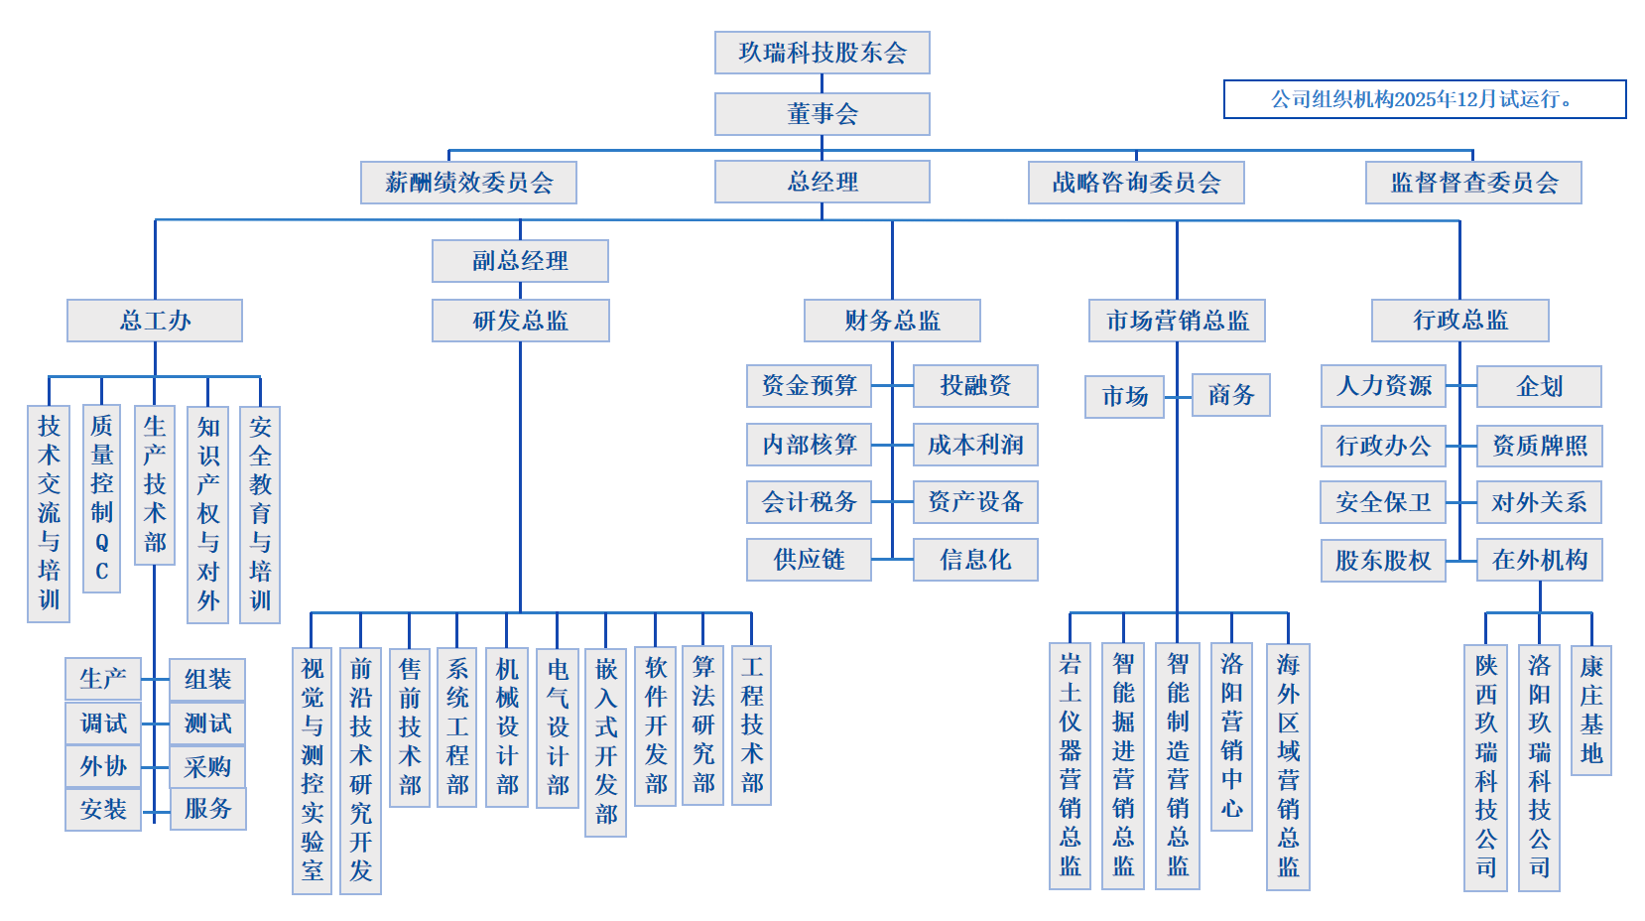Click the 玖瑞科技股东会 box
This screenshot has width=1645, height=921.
pyautogui.click(x=822, y=53)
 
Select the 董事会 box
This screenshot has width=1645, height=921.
pyautogui.click(x=822, y=114)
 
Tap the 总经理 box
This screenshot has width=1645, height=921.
pyautogui.click(x=822, y=182)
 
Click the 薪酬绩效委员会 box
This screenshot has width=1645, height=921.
pyautogui.click(x=468, y=183)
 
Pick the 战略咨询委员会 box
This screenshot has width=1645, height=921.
pyautogui.click(x=1136, y=183)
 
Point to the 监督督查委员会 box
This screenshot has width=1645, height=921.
pyautogui.click(x=1473, y=183)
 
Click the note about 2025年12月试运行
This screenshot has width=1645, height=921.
pyautogui.click(x=1424, y=99)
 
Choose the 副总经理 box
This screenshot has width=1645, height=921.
pyautogui.click(x=520, y=261)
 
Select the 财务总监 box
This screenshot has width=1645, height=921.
pyautogui.click(x=892, y=321)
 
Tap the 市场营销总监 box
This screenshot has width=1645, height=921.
pyautogui.click(x=1177, y=321)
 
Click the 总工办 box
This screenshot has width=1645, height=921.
pyautogui.click(x=155, y=321)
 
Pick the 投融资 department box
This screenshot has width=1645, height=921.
pyautogui.click(x=975, y=385)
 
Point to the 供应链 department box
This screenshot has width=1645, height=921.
pyautogui.click(x=809, y=560)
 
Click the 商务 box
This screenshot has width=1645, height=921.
pyautogui.click(x=1230, y=395)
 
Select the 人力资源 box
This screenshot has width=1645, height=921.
pyautogui.click(x=1383, y=386)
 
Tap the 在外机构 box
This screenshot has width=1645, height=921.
pyautogui.click(x=1539, y=561)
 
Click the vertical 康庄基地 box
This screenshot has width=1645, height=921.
pyautogui.click(x=1590, y=710)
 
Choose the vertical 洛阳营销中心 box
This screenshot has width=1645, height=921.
pyautogui.click(x=1231, y=736)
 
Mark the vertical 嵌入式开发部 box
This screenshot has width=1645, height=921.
pyautogui.click(x=605, y=742)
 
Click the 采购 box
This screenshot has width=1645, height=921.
pyautogui.click(x=207, y=766)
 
